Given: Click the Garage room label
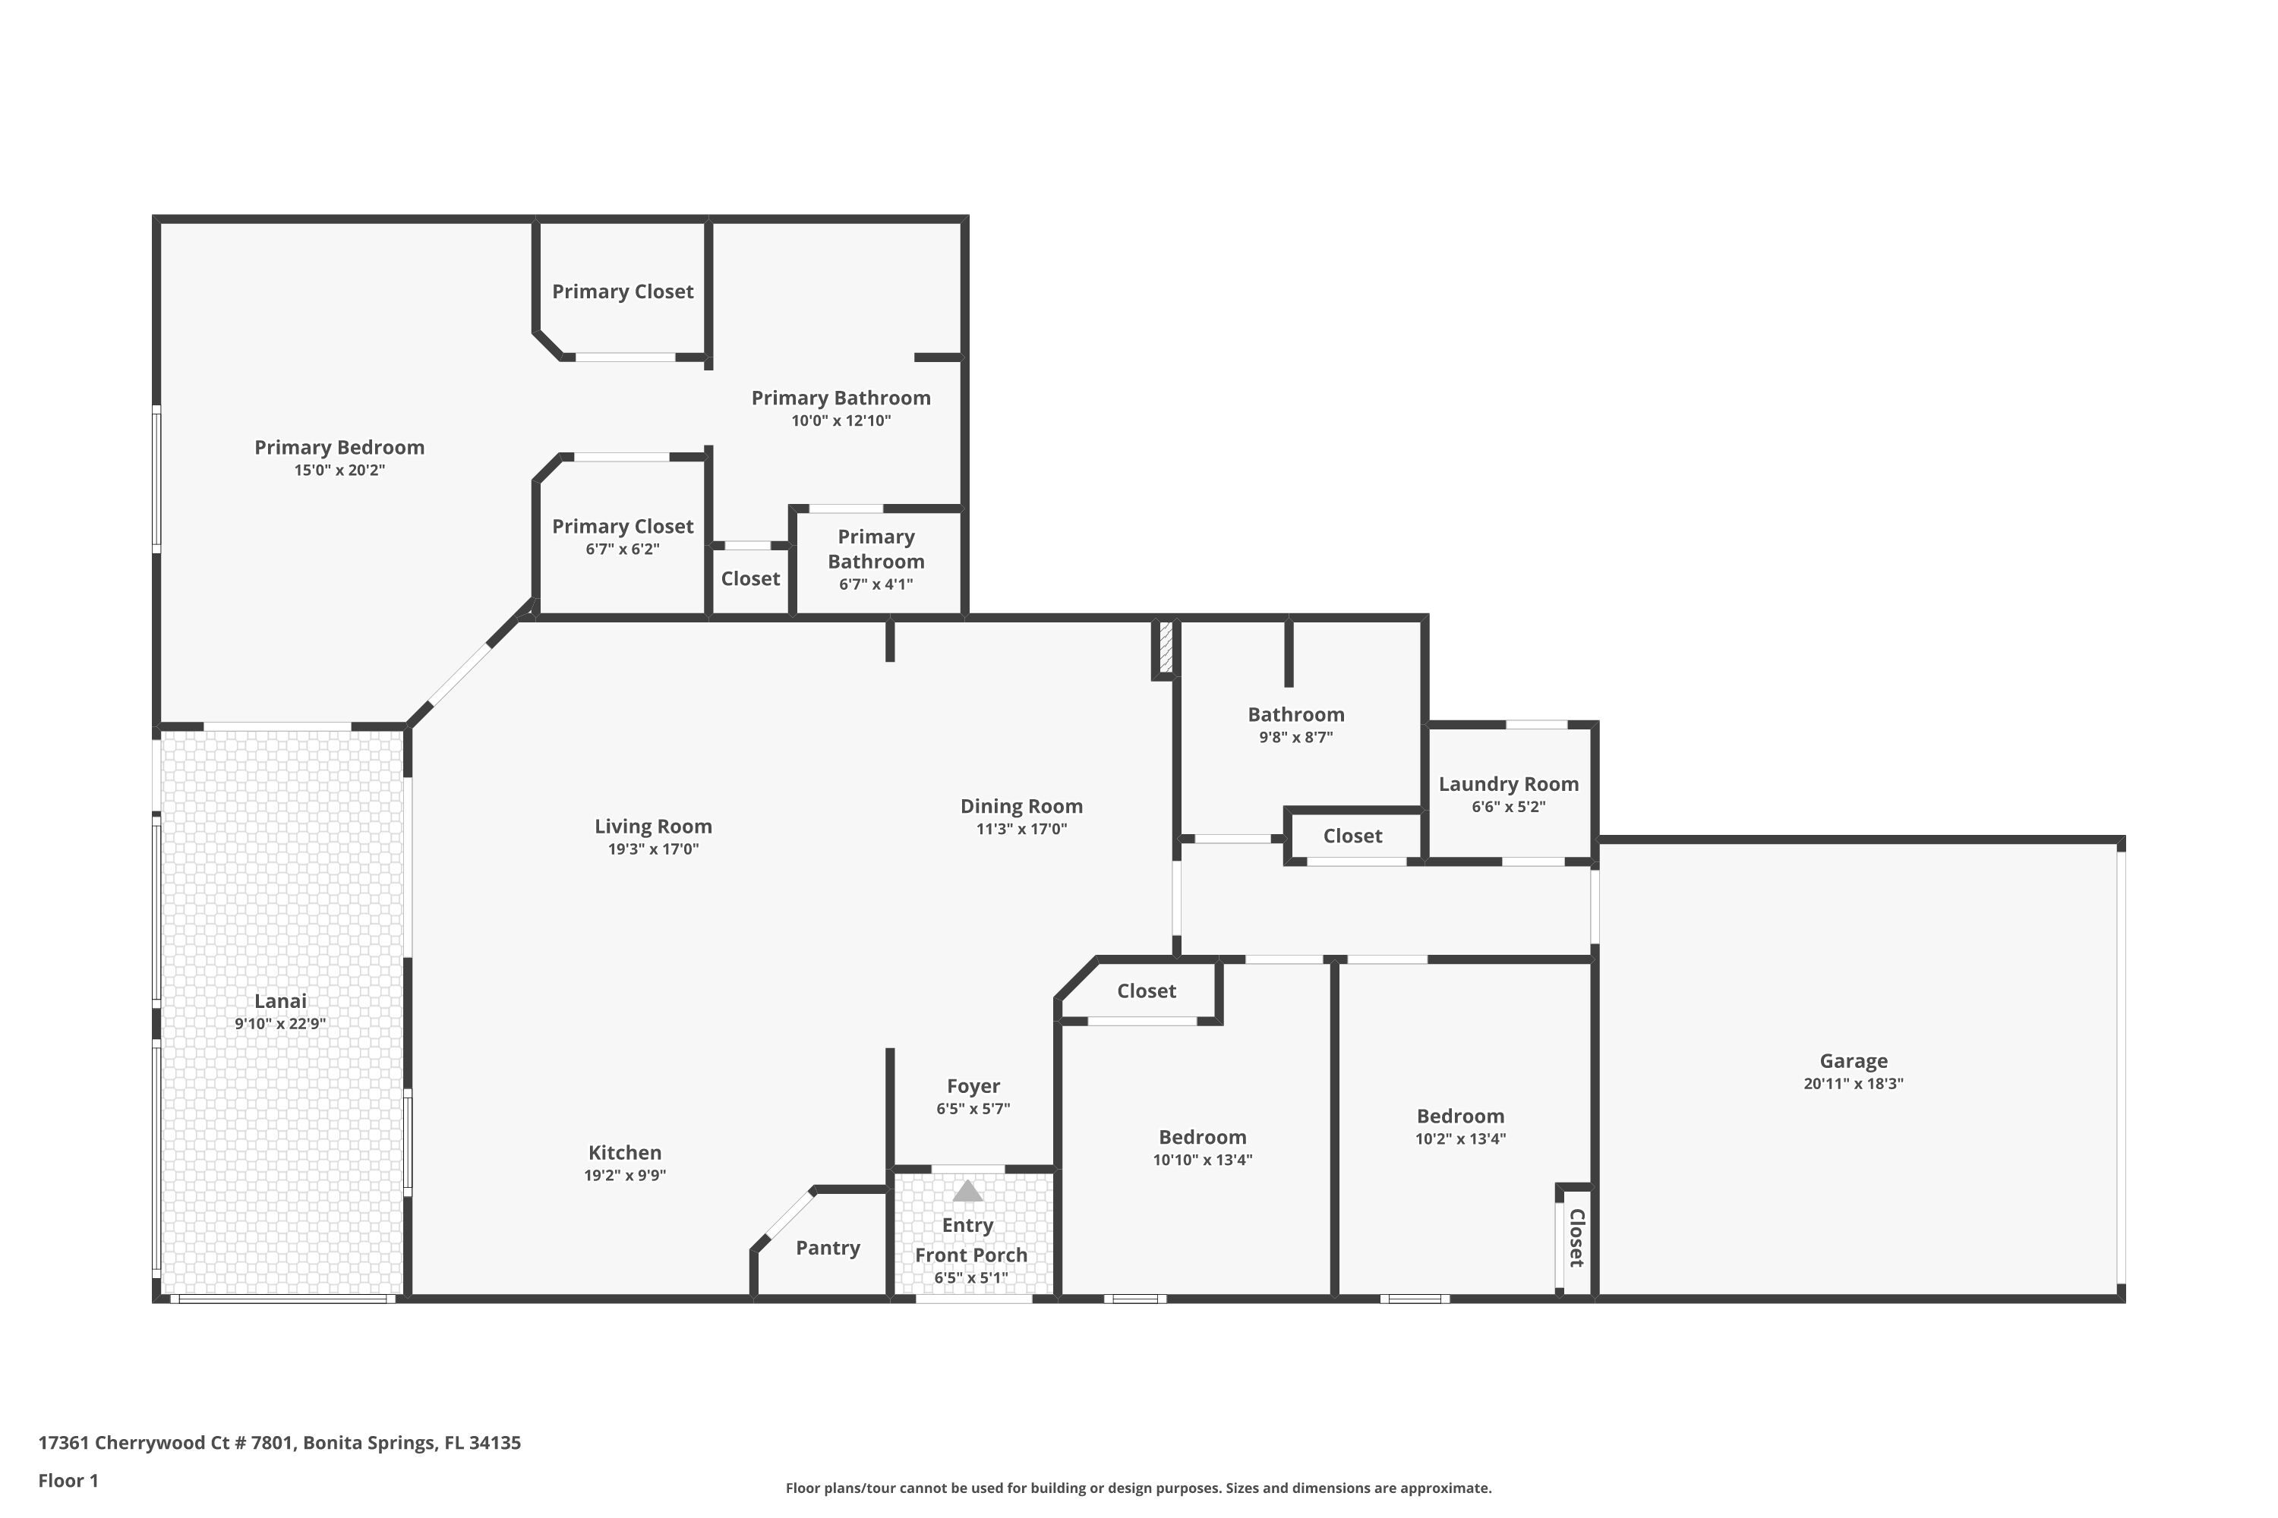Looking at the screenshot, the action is tap(1853, 1061).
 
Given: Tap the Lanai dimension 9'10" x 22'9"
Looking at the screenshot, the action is tap(280, 1024).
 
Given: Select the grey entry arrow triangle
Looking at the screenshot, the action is tap(967, 1190).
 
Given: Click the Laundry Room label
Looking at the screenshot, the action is tap(1508, 784).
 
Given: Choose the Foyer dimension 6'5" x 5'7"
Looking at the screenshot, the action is tap(973, 1108).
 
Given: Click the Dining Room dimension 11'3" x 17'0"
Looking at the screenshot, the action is tap(1021, 829).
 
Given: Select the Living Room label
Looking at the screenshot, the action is tap(653, 827).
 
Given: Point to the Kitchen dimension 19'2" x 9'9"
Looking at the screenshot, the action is tap(625, 1175).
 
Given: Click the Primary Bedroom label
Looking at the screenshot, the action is tap(339, 447).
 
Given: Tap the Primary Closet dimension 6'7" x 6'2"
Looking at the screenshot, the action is tap(622, 549).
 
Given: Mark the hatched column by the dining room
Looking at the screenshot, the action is tap(1165, 647).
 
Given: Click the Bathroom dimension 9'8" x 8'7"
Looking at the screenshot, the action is tap(1296, 737).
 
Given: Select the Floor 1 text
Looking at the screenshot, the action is tap(68, 1480).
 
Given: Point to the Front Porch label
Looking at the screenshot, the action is tap(970, 1255).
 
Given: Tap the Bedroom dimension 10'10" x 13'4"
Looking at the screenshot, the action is tap(1202, 1160).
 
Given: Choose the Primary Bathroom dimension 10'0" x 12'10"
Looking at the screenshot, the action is tap(841, 420).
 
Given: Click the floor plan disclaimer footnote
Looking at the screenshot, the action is tap(1138, 1488).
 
